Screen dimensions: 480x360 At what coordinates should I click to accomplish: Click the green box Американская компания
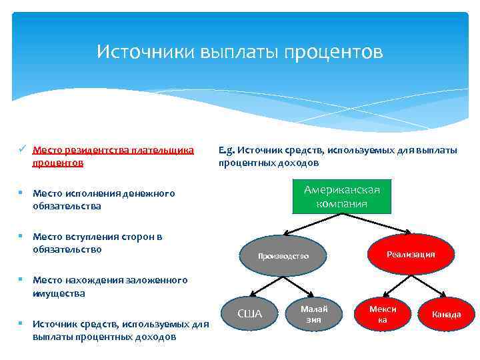[x=341, y=196]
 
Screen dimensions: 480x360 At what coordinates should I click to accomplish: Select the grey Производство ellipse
[x=283, y=256]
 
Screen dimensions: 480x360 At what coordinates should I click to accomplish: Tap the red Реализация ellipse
[x=411, y=254]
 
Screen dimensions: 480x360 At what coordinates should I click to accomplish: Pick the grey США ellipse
[x=250, y=314]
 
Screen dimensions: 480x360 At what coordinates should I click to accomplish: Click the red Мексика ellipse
[x=383, y=314]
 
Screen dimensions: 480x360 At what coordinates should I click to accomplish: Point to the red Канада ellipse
[x=446, y=314]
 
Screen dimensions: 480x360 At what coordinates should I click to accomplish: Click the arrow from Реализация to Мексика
[x=395, y=286]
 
